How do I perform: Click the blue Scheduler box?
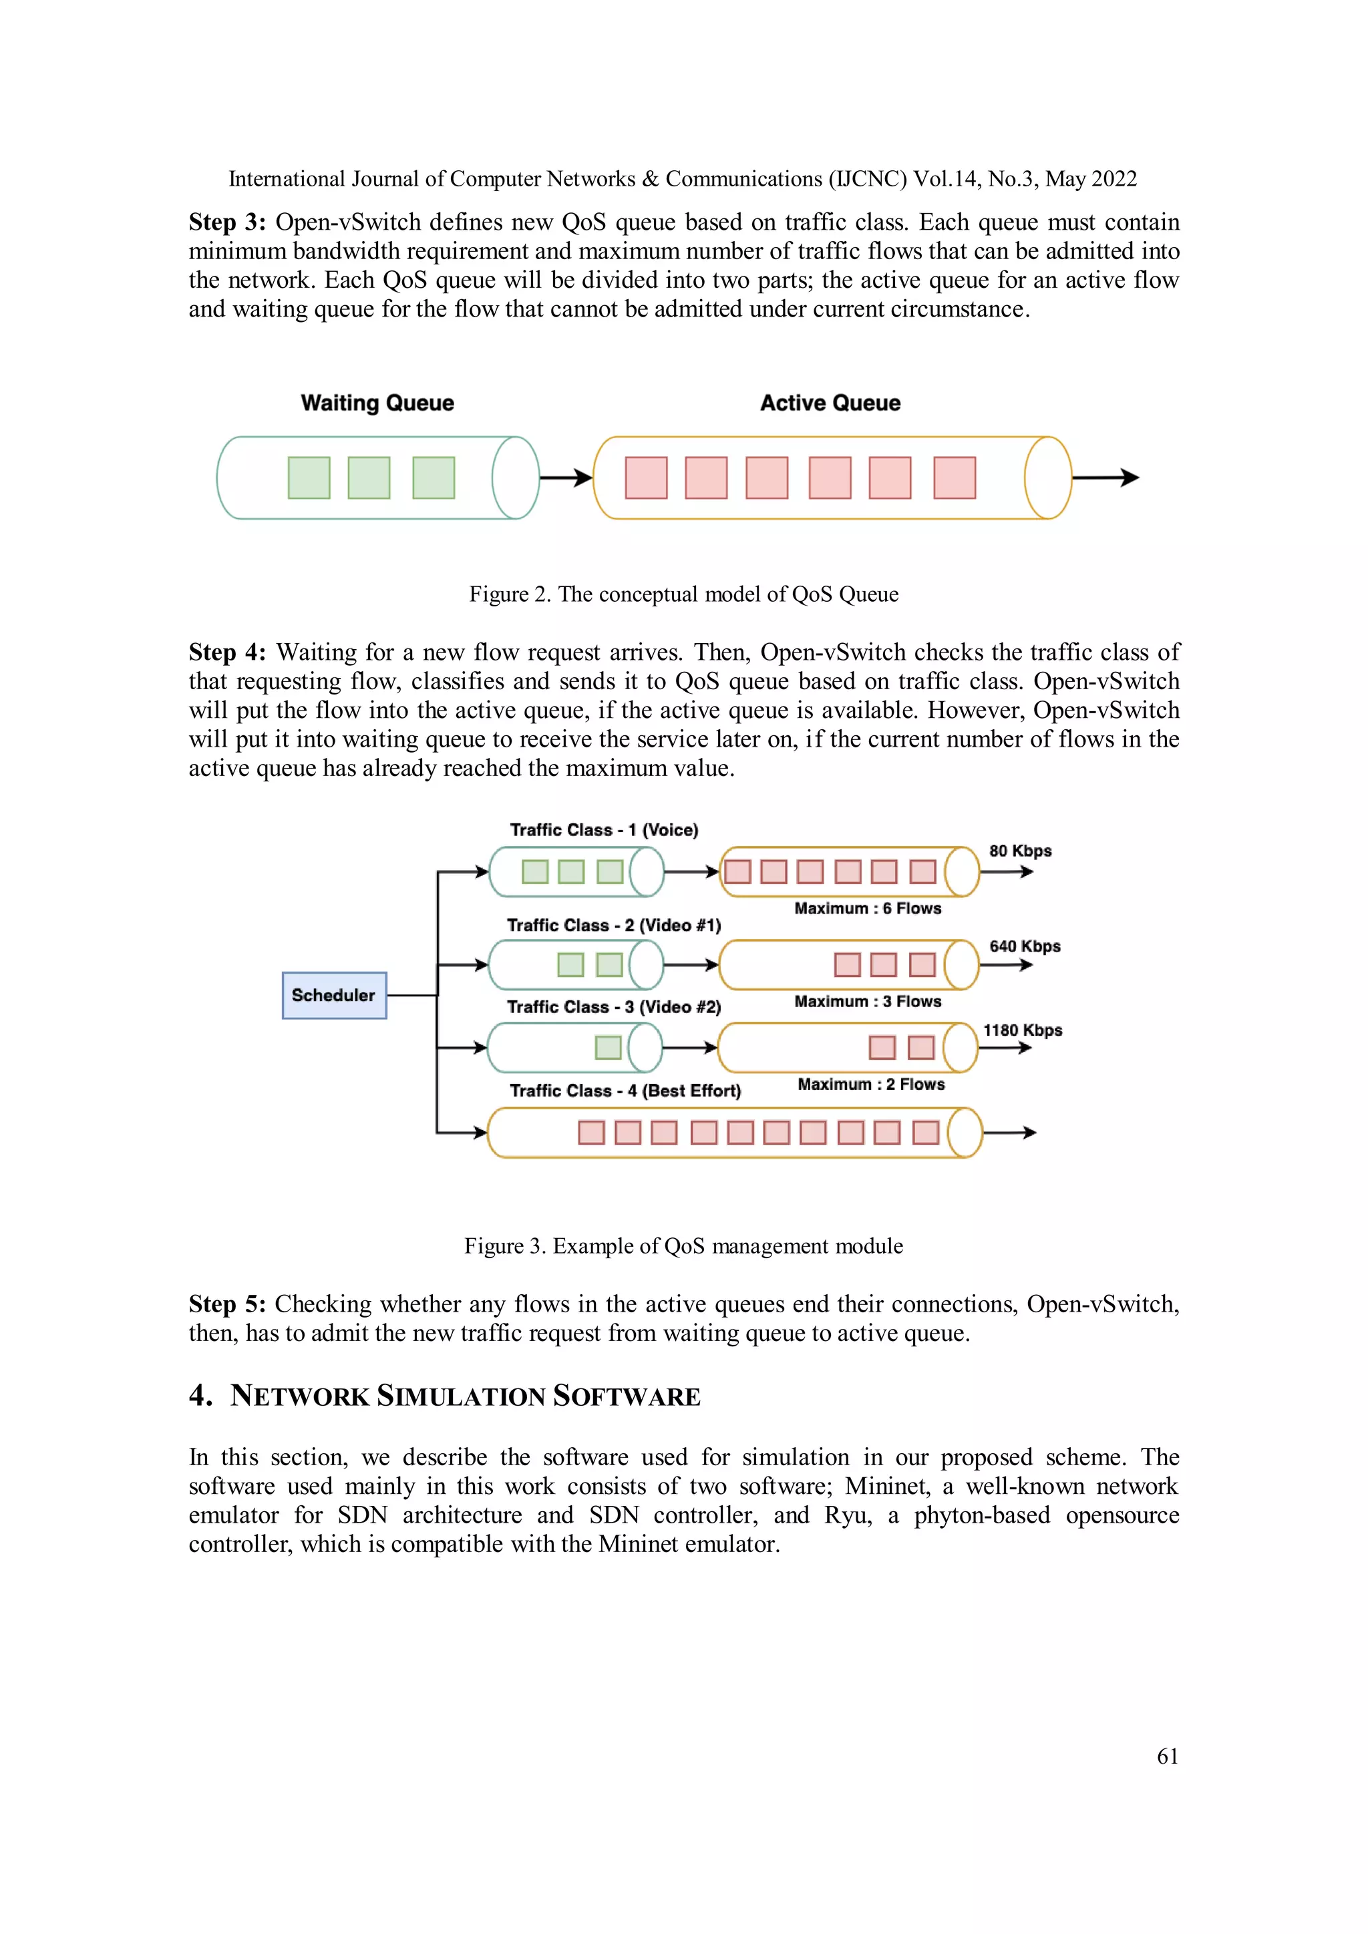[333, 995]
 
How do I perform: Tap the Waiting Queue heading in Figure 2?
[377, 403]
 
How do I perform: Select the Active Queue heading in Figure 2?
[830, 403]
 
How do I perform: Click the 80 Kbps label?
[1020, 851]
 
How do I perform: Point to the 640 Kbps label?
[1024, 946]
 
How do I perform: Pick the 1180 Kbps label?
[1023, 1030]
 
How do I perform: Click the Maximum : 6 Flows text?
[868, 908]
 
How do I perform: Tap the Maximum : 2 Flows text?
[871, 1084]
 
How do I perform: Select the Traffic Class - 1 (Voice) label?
[604, 829]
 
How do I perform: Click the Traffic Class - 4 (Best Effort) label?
[625, 1091]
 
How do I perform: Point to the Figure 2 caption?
[683, 594]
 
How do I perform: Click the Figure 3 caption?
[683, 1245]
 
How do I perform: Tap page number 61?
[1167, 1756]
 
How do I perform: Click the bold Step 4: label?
[226, 653]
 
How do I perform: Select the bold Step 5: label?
[226, 1305]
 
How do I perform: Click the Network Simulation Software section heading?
[465, 1396]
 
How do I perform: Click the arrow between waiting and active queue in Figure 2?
[565, 478]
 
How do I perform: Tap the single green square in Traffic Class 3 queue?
[607, 1047]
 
